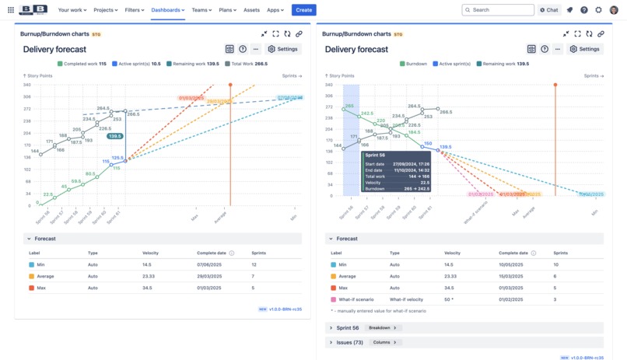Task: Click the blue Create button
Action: pyautogui.click(x=303, y=10)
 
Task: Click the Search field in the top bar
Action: pyautogui.click(x=498, y=10)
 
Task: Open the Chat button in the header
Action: pyautogui.click(x=549, y=10)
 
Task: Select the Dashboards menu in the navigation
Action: pyautogui.click(x=167, y=10)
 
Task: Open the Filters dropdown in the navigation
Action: pyautogui.click(x=135, y=10)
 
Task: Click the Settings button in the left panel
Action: pyautogui.click(x=283, y=49)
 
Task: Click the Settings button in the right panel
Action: pyautogui.click(x=585, y=49)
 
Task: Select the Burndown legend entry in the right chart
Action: pyautogui.click(x=415, y=64)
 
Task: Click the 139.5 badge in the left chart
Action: pyautogui.click(x=115, y=136)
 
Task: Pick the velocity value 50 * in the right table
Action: pyautogui.click(x=450, y=299)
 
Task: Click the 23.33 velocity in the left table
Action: pyautogui.click(x=149, y=276)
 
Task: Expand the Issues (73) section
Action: pyautogui.click(x=346, y=342)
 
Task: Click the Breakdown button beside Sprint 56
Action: pyautogui.click(x=382, y=328)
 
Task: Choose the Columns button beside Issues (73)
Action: pyautogui.click(x=384, y=342)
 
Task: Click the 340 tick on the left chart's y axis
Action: pyautogui.click(x=27, y=85)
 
